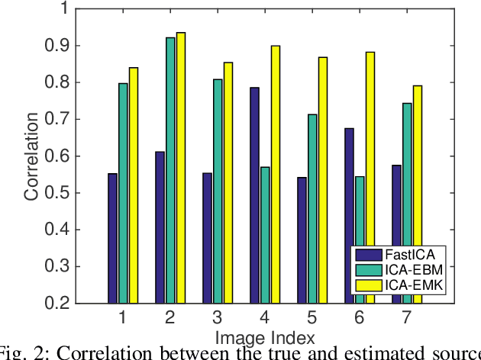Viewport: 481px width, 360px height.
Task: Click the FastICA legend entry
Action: tap(401, 256)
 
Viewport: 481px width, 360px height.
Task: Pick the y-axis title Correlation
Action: tap(31, 156)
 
